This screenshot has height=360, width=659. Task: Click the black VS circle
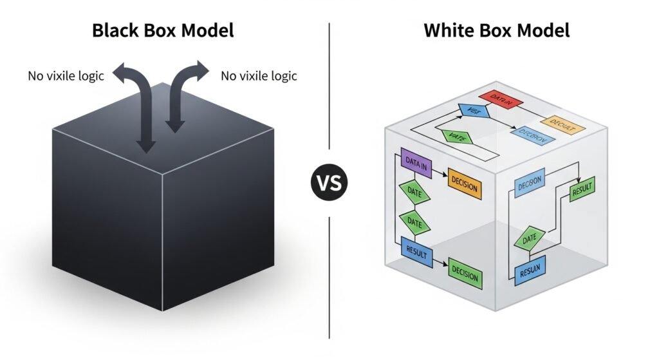pyautogui.click(x=329, y=182)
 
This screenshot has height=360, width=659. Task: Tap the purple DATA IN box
pyautogui.click(x=416, y=162)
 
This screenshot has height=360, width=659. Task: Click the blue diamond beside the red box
pyautogui.click(x=473, y=111)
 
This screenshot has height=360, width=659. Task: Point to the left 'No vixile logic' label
pyautogui.click(x=65, y=76)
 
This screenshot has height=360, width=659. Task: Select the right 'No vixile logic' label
pyautogui.click(x=259, y=76)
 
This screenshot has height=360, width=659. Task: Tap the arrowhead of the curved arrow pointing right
pyautogui.click(x=202, y=68)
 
